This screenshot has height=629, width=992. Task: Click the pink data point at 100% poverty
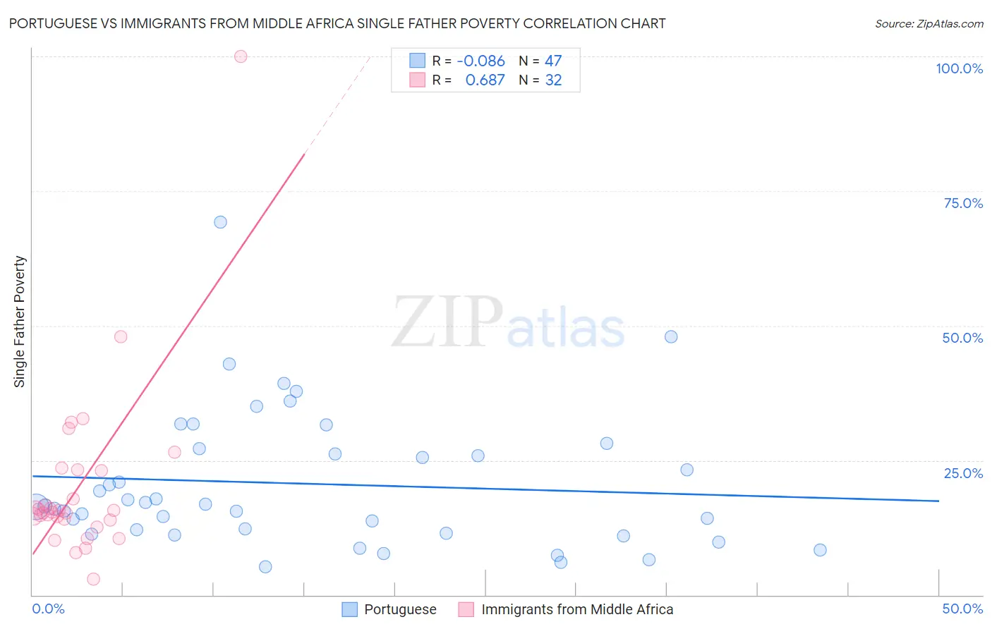pos(241,56)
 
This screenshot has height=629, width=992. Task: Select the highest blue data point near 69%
pos(220,222)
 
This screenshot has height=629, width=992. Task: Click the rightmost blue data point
pos(820,550)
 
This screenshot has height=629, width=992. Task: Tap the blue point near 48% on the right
pos(671,337)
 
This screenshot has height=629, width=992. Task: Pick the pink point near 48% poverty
pos(121,337)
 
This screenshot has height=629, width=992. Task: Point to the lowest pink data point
pos(93,579)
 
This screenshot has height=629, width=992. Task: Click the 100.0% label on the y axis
pos(959,68)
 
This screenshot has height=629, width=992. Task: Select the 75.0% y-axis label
pos(963,203)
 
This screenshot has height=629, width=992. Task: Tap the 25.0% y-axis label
pos(963,473)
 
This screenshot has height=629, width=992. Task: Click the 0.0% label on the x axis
pos(48,609)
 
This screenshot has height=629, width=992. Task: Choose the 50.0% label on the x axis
pos(962,609)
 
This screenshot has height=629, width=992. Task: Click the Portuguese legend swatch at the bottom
pos(349,609)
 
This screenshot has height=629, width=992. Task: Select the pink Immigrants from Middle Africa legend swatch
pos(466,609)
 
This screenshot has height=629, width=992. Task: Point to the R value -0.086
pos(480,61)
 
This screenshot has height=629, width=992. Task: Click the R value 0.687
pos(485,80)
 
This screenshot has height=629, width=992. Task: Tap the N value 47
pos(553,61)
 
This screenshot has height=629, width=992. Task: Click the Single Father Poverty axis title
pos(20,322)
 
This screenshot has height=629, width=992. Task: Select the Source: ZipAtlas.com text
pos(929,24)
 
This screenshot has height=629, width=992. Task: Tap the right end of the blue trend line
pos(938,501)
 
